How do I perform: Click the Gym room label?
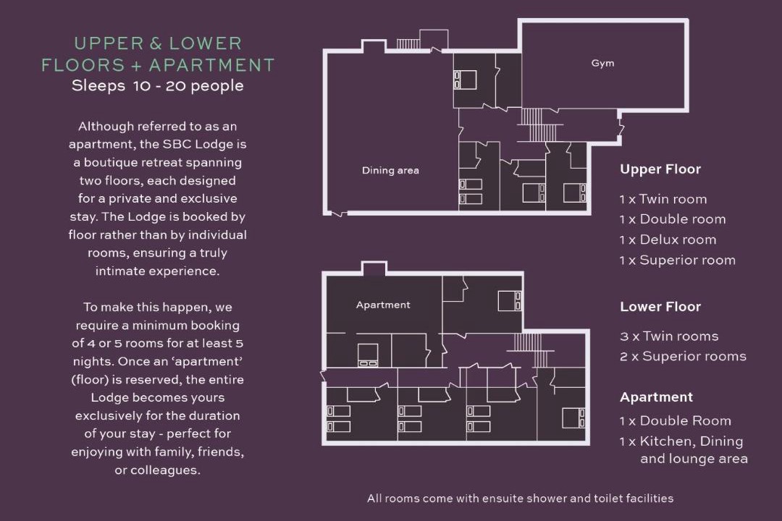pos(602,64)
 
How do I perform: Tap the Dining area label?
pos(390,171)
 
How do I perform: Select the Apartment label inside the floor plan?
pos(383,305)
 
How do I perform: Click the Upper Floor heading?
pos(660,169)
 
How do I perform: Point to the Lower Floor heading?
pos(660,307)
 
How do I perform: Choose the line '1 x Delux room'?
pos(668,240)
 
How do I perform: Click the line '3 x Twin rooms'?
pos(669,336)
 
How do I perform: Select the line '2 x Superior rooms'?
pos(684,357)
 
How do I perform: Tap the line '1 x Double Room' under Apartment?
pos(676,421)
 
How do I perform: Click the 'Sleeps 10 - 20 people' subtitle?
pos(158,86)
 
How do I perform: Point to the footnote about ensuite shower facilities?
pos(520,498)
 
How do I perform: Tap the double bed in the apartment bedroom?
pos(368,355)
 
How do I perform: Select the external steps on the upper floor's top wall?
pos(408,44)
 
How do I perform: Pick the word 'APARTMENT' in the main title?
pos(212,65)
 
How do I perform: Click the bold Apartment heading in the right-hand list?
pos(656,397)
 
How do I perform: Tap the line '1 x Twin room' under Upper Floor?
pos(663,200)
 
